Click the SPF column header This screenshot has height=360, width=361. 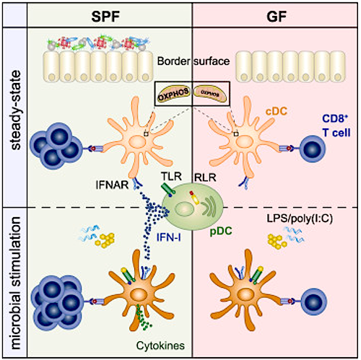105,17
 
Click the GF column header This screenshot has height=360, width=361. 277,17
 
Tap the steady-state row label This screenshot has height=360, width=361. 16,110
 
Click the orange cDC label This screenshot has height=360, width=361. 277,111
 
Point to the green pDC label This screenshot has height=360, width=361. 221,231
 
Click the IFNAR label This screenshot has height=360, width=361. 112,185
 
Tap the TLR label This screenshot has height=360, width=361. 171,176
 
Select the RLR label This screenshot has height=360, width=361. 205,177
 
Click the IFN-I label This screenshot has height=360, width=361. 168,237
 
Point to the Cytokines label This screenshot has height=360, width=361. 160,346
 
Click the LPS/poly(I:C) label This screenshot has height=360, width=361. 300,219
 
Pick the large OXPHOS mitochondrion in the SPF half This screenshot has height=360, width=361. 173,95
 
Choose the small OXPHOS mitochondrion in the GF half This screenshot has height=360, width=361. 210,95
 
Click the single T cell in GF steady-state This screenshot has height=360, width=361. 312,149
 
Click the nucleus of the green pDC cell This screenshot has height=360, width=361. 183,209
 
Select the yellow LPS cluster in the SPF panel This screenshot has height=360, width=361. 105,240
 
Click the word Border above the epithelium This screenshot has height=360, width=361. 173,61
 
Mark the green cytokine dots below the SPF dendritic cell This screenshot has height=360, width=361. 142,317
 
